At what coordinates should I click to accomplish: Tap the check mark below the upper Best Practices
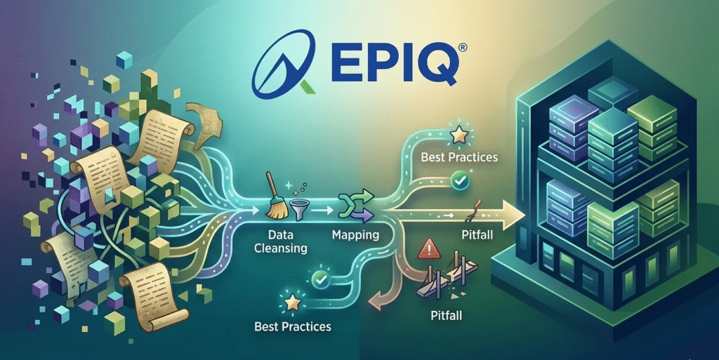[x=460, y=182]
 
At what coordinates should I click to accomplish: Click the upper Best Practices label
[x=459, y=156]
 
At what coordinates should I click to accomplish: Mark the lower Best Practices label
[x=293, y=327]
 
